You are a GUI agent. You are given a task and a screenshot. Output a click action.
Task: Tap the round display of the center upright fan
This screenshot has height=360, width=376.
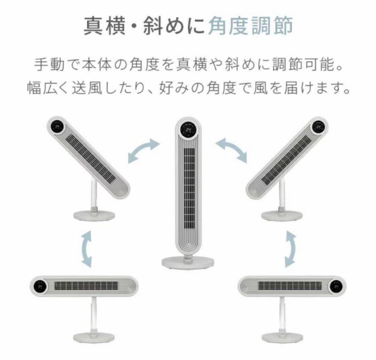point(189,131)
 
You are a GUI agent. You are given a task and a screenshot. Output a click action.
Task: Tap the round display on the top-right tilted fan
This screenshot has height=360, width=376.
point(318,127)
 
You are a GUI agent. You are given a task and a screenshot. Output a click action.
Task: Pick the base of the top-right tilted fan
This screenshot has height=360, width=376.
point(281,214)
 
